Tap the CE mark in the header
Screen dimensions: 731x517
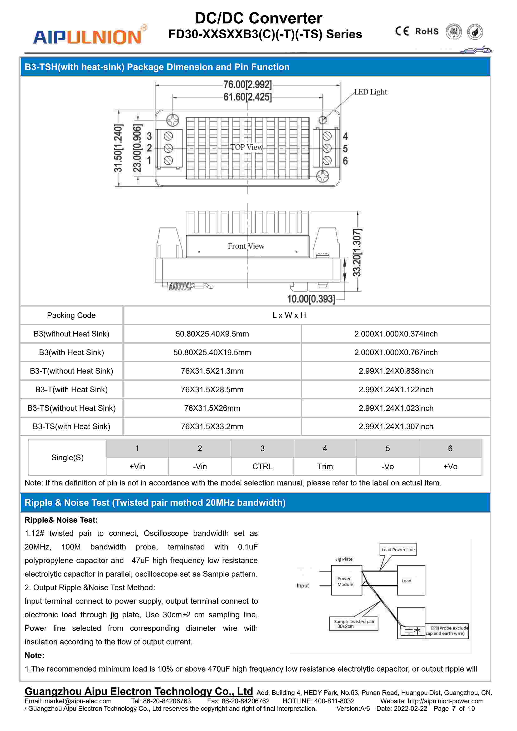[x=402, y=31]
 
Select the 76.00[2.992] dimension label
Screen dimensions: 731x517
[x=247, y=85]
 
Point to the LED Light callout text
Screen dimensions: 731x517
[x=371, y=92]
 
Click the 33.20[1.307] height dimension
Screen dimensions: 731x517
[x=357, y=252]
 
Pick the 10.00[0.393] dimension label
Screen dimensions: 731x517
[x=311, y=299]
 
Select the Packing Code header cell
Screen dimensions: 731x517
[x=71, y=315]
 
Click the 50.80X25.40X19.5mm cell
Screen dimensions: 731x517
[x=212, y=352]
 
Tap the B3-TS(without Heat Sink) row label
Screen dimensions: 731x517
[x=71, y=408]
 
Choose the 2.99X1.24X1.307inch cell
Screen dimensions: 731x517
[x=396, y=427]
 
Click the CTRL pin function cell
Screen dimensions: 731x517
[x=262, y=466]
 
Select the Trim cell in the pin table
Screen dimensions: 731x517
[x=325, y=466]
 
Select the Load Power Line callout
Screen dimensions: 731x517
[x=398, y=550]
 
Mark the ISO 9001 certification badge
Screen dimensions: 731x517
[x=453, y=32]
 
